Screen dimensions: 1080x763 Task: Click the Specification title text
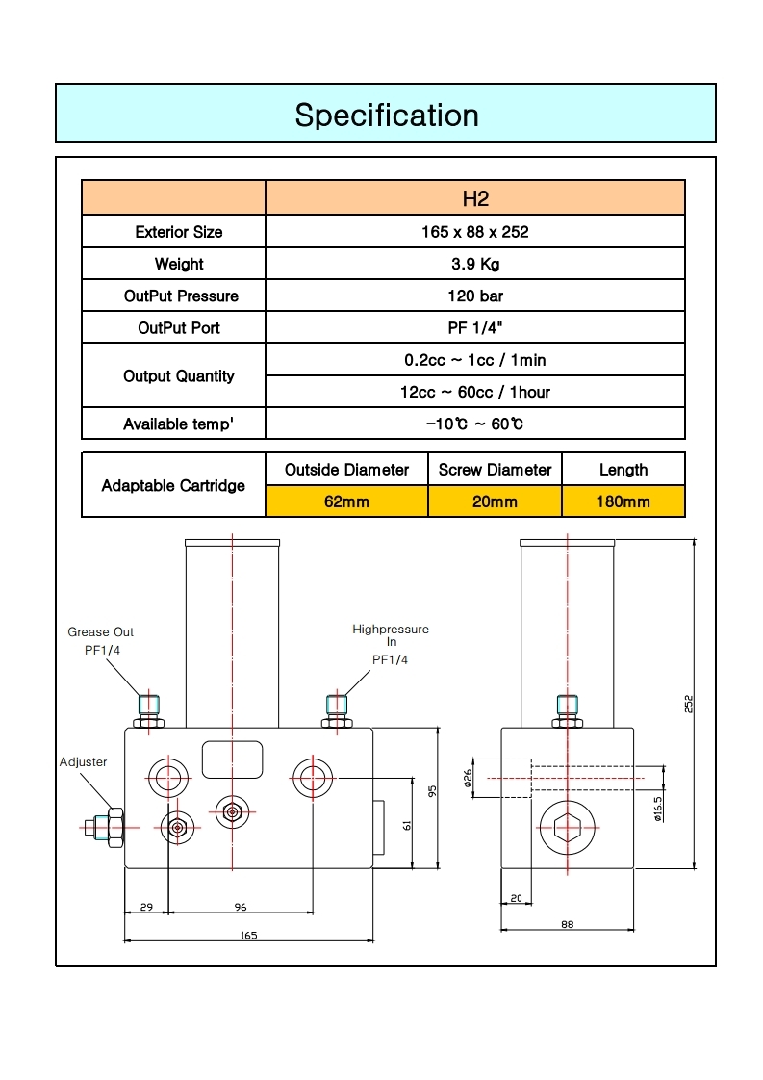[386, 116]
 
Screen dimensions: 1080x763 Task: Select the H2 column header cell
[475, 198]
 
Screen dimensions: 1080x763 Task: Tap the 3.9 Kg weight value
[475, 264]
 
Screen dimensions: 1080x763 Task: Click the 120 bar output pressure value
[475, 296]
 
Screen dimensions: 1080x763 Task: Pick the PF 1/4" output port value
[475, 327]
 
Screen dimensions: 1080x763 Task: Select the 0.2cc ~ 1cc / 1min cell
[475, 360]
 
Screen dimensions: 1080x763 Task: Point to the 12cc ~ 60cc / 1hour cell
[475, 392]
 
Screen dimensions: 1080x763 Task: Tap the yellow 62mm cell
[346, 501]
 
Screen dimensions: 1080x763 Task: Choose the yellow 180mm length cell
[623, 501]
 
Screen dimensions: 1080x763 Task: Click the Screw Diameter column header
[495, 470]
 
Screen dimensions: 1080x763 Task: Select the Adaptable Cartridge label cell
[173, 485]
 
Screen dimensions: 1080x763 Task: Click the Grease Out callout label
[101, 632]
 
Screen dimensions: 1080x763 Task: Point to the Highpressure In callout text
[391, 635]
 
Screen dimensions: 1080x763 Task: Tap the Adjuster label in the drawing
[84, 761]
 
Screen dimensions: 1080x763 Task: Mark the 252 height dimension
[689, 704]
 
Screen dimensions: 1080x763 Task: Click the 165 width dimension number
[248, 935]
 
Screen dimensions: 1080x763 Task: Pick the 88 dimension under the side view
[567, 925]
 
